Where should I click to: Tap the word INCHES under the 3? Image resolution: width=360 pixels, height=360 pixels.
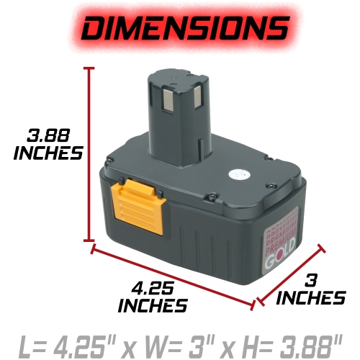coord(310,297)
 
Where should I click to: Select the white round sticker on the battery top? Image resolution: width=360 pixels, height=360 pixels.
coord(235,174)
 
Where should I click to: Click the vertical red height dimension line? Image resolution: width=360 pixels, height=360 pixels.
coord(90,155)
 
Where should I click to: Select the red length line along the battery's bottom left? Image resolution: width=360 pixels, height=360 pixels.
coord(173,276)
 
